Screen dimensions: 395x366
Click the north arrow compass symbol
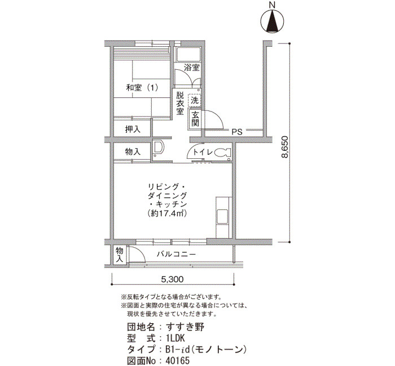coord(272,22)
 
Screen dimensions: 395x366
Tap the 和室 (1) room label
coord(142,88)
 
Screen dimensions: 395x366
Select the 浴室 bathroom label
coord(192,68)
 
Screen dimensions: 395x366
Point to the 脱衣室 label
coord(179,103)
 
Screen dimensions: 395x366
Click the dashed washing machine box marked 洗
coord(195,100)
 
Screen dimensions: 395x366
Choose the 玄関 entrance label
coord(195,119)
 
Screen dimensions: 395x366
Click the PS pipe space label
coord(237,132)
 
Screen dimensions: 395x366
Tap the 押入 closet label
coord(133,129)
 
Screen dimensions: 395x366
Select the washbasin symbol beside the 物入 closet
coord(158,148)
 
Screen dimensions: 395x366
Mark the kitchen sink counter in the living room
coord(223,217)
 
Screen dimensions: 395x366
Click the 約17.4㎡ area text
coord(167,213)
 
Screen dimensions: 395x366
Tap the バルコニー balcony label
coord(176,255)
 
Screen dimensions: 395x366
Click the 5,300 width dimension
coord(173,279)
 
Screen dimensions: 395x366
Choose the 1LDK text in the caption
coord(175,338)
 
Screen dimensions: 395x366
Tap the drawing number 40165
coord(177,361)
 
